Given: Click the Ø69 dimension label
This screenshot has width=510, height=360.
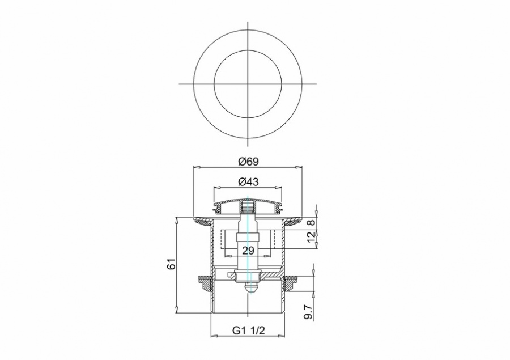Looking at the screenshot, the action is click(248, 162).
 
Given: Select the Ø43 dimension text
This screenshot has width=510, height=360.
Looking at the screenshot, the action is click(248, 181).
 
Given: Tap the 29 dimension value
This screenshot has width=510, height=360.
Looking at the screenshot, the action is click(248, 251).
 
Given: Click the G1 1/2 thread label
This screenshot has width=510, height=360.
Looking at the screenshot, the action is click(249, 331).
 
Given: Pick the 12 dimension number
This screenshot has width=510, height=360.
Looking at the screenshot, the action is click(311, 236).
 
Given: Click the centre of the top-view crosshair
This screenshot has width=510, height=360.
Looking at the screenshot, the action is click(248, 84).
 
